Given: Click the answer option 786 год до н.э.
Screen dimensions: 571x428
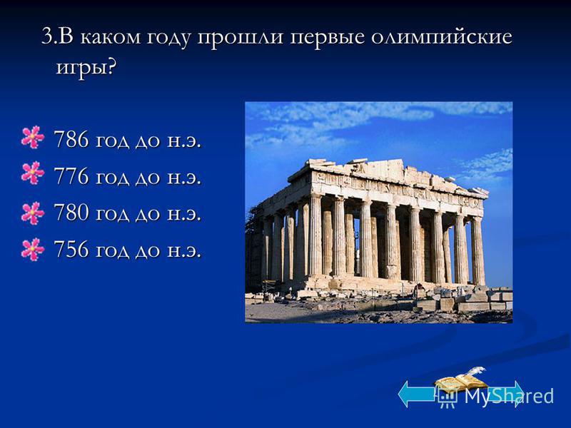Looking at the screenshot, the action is click(128, 140).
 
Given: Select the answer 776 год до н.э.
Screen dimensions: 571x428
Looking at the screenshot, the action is click(128, 176).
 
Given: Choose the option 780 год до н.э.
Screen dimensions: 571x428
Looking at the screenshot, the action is click(128, 213).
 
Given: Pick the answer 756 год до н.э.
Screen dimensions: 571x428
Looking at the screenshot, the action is click(128, 250).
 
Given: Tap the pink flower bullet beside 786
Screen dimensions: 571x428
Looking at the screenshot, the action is click(33, 137).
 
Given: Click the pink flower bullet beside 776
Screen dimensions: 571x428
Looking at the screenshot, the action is click(33, 173).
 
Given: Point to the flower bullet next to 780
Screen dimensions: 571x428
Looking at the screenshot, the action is click(33, 213).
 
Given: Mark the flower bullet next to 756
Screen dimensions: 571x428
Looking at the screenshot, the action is click(33, 249).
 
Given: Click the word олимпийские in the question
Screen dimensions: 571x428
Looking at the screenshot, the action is click(442, 37).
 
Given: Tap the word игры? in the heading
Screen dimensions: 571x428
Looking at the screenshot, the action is click(86, 68).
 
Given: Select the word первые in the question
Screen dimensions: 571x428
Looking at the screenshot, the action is click(327, 38).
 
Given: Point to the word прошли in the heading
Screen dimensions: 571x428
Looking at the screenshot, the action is click(240, 38).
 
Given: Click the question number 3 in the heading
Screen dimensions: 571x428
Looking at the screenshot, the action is click(46, 37).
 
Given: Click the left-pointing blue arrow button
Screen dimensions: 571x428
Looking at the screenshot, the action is click(417, 394).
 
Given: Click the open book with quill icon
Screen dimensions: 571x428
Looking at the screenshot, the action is click(461, 379).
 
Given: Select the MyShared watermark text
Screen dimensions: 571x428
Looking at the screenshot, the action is click(495, 396).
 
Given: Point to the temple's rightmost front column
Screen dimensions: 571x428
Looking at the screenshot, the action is click(477, 250).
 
